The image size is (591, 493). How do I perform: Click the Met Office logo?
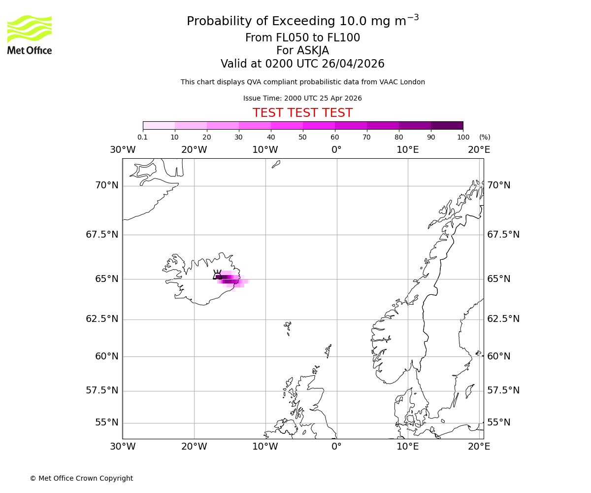click(30, 35)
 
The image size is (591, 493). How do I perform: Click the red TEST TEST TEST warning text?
click(302, 113)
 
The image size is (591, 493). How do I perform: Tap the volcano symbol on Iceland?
click(217, 275)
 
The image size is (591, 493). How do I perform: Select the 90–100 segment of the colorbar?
click(447, 125)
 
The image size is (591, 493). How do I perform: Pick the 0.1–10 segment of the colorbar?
click(159, 125)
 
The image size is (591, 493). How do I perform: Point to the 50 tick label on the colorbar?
click(302, 137)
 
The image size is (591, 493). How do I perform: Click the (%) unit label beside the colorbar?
click(485, 137)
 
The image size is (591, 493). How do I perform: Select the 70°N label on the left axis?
click(107, 185)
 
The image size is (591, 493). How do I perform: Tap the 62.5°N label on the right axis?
click(503, 319)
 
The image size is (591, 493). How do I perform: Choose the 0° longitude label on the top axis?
click(336, 150)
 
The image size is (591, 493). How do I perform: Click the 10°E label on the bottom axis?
click(408, 447)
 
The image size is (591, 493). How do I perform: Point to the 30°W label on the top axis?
click(122, 150)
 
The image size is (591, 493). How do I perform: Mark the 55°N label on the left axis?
click(107, 423)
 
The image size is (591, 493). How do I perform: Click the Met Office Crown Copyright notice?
click(81, 478)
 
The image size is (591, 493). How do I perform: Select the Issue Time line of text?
click(302, 98)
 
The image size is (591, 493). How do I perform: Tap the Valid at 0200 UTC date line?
click(302, 64)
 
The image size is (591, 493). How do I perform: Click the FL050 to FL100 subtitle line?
click(302, 38)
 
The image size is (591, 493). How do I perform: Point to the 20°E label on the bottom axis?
click(479, 447)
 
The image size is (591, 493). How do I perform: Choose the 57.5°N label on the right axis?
click(503, 390)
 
